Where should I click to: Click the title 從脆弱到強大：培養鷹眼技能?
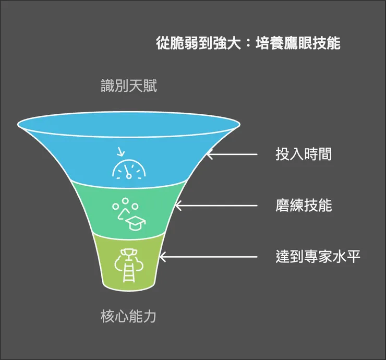[x=248, y=43]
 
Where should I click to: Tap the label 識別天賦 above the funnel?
[x=129, y=86]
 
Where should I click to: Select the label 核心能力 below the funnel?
[x=128, y=316]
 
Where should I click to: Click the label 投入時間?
[x=304, y=154]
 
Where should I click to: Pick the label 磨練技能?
[x=304, y=206]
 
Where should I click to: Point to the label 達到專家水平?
[x=318, y=257]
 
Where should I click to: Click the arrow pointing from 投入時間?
[x=232, y=154]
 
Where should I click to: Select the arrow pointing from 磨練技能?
[x=216, y=206]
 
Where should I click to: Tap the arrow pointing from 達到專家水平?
[x=209, y=257]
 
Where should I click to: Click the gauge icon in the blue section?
[x=129, y=169]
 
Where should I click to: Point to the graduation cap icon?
[x=136, y=223]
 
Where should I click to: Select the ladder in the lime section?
[x=129, y=272]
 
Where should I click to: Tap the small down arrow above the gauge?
[x=121, y=152]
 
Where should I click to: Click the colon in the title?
[x=248, y=44]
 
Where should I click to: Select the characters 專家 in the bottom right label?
[x=318, y=257]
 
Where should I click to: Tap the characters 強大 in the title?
[x=227, y=43]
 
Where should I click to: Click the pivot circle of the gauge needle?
[x=128, y=176]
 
